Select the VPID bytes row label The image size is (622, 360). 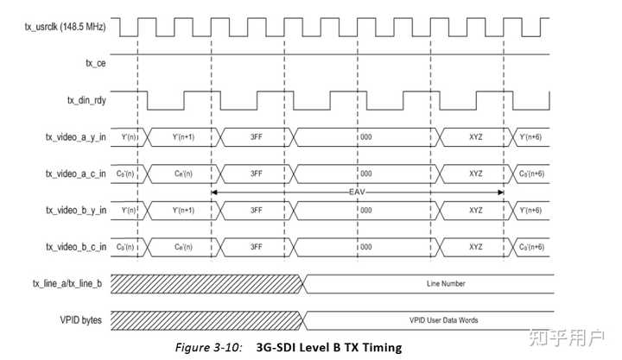pyautogui.click(x=83, y=319)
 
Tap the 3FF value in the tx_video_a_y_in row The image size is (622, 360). pyautogui.click(x=257, y=136)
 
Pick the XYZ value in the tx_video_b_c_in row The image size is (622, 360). pyautogui.click(x=475, y=246)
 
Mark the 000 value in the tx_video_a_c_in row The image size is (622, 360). pyautogui.click(x=366, y=174)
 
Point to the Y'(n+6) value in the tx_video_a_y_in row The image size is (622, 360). pyautogui.click(x=530, y=136)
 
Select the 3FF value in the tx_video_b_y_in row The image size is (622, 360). pyautogui.click(x=257, y=210)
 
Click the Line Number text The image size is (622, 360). pyautogui.click(x=446, y=283)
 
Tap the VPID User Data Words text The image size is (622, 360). pyautogui.click(x=446, y=319)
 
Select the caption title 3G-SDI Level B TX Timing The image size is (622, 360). pyautogui.click(x=329, y=347)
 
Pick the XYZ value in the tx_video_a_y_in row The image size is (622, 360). pyautogui.click(x=475, y=136)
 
